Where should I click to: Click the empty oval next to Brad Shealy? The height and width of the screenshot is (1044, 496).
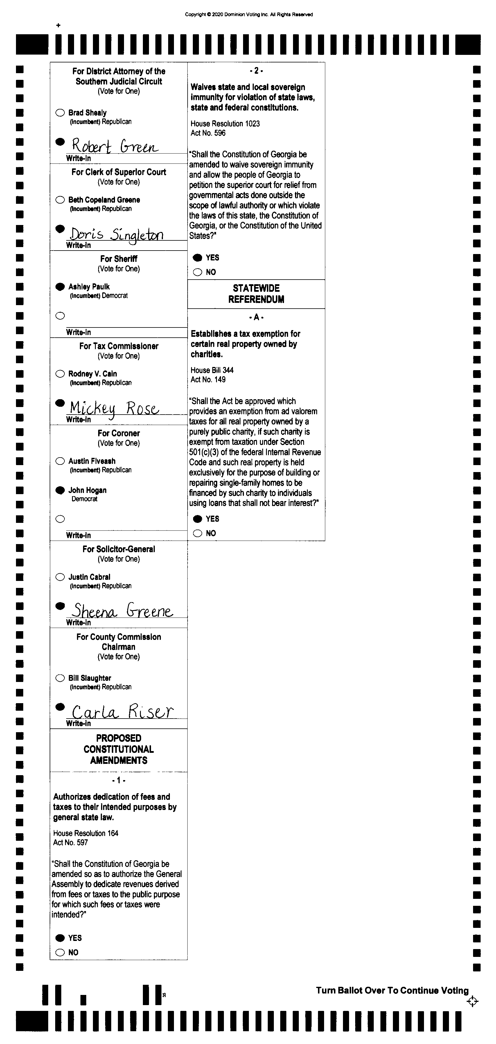coord(60,113)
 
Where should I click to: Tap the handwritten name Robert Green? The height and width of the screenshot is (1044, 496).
coord(115,146)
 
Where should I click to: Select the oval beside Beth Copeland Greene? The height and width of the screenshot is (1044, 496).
coord(60,200)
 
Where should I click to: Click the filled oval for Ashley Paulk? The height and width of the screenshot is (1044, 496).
coord(60,287)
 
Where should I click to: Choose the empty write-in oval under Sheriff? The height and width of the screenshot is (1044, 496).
coord(60,316)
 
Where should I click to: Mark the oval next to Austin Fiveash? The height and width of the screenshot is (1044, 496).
coord(60,461)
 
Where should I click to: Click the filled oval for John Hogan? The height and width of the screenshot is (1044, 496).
coord(60,490)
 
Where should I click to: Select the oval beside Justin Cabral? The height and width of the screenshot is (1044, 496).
coord(60,577)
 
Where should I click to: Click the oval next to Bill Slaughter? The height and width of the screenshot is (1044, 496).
coord(60,678)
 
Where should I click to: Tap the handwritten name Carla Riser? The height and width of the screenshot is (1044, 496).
coord(122,712)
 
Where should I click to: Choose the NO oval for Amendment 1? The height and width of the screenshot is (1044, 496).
coord(60,953)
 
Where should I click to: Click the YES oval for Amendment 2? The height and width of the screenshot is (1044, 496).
coord(197,258)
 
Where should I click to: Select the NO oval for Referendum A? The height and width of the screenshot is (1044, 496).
coord(197,533)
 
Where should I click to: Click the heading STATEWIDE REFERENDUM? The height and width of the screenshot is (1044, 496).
coord(256,294)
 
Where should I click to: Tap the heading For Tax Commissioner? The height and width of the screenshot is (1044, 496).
coord(119,346)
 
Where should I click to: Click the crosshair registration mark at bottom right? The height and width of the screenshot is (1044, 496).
coord(472,1001)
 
